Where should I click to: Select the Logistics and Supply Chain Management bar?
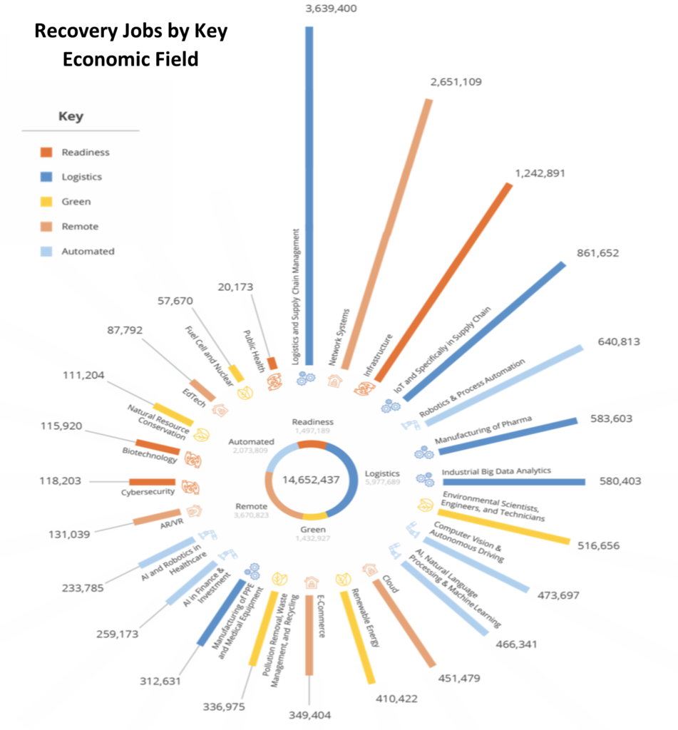click(x=309, y=192)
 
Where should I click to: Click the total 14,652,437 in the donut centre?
click(x=311, y=479)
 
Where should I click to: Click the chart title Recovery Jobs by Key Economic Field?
click(x=131, y=46)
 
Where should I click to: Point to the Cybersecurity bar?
click(x=152, y=482)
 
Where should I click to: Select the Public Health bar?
click(x=272, y=364)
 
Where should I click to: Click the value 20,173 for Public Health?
click(x=240, y=287)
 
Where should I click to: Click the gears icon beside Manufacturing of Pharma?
click(x=423, y=452)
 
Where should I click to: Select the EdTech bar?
click(x=202, y=389)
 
